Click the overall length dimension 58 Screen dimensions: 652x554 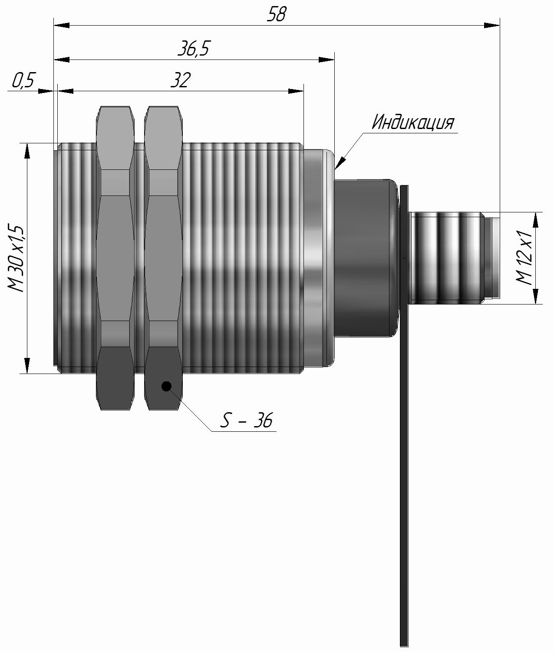(x=276, y=14)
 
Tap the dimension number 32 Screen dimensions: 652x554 (x=180, y=81)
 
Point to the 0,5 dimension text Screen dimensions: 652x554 (x=23, y=81)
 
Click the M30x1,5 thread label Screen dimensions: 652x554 (x=16, y=258)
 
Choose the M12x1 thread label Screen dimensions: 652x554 (x=526, y=258)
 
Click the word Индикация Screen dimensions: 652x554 (x=413, y=123)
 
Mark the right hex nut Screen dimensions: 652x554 (x=163, y=258)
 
